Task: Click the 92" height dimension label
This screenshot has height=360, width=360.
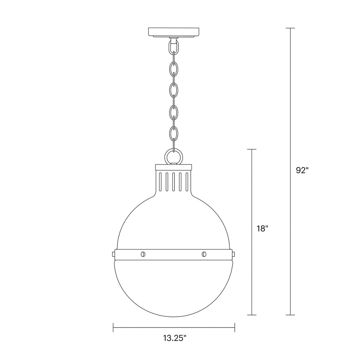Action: pyautogui.click(x=302, y=170)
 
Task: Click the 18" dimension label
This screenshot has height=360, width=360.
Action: pyautogui.click(x=262, y=229)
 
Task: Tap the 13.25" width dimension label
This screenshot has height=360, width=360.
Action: pyautogui.click(x=175, y=338)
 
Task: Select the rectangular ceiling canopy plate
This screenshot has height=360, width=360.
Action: pyautogui.click(x=174, y=32)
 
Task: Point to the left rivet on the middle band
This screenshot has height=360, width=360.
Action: pyautogui.click(x=143, y=254)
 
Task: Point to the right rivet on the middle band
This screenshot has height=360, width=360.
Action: pyautogui.click(x=204, y=254)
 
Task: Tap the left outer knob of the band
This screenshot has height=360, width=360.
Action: pyautogui.click(x=114, y=254)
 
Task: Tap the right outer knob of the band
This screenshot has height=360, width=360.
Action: pyautogui.click(x=233, y=254)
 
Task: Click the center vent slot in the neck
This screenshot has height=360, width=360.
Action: pyautogui.click(x=174, y=181)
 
